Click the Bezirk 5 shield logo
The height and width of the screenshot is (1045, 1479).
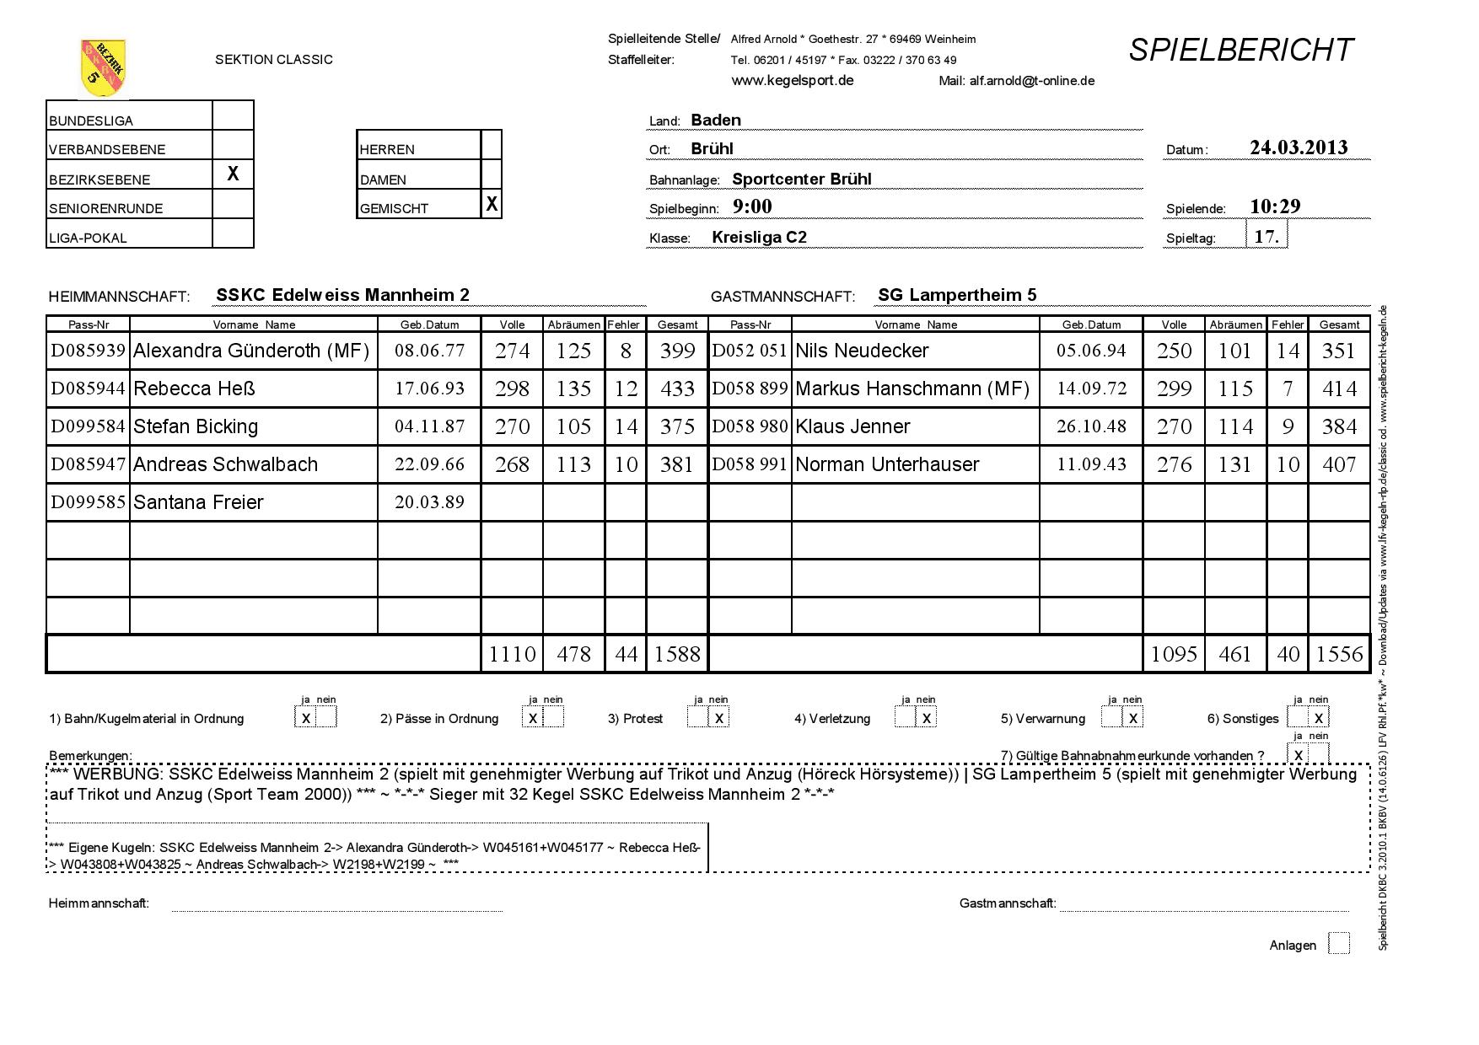pos(103,67)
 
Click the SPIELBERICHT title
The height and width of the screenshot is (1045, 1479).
pos(1240,51)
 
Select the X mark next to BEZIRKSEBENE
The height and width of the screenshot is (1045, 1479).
pos(233,174)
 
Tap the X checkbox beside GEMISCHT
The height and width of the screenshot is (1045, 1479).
pos(492,204)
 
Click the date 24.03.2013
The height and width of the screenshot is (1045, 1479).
pos(1299,147)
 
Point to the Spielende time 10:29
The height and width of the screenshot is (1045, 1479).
pos(1275,206)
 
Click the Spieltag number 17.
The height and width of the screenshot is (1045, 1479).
pos(1267,236)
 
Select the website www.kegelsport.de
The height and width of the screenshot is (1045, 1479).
pos(792,80)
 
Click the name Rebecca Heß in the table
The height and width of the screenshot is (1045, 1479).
pos(194,389)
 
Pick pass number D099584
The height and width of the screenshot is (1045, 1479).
pos(88,426)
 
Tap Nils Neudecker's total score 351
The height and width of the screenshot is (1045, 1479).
pos(1339,351)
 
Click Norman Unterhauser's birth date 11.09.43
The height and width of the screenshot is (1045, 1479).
pos(1091,464)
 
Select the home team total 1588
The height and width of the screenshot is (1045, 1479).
pos(677,654)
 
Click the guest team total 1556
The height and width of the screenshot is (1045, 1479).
pos(1339,654)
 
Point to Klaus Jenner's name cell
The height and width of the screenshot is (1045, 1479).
pos(852,426)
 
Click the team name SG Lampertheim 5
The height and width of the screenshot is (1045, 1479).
pos(957,295)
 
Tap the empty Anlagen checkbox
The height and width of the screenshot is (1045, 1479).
pos(1338,944)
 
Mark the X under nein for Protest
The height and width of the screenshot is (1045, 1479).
pos(719,718)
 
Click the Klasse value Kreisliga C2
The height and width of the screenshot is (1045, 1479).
pos(759,237)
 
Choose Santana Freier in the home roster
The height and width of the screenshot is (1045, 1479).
pos(198,502)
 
